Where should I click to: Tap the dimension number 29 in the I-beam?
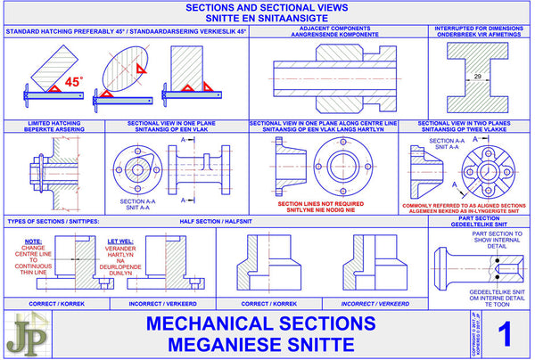(480, 78)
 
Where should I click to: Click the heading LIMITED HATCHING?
(53, 122)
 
